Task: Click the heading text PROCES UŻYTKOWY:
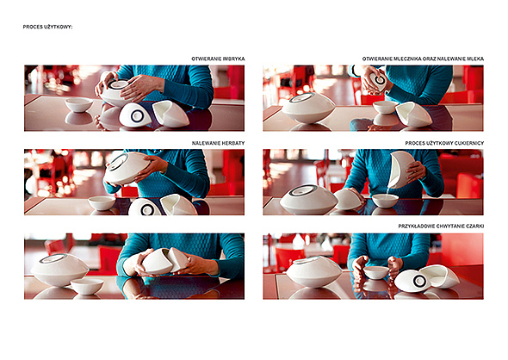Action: click(x=47, y=27)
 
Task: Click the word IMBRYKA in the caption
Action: click(x=233, y=59)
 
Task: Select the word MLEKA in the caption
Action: click(x=475, y=59)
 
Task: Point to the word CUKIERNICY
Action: click(x=468, y=143)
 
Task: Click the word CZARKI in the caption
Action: click(x=474, y=226)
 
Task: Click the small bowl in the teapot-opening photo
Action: click(x=78, y=105)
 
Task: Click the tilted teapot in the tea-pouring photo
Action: click(x=127, y=167)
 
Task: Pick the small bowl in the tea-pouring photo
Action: click(x=102, y=202)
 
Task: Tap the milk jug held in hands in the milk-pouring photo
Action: click(x=378, y=81)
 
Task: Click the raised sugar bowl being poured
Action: click(x=400, y=169)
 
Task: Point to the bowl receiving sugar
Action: click(x=385, y=201)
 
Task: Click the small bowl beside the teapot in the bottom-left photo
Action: click(x=87, y=287)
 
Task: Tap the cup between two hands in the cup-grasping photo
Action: click(x=375, y=272)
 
